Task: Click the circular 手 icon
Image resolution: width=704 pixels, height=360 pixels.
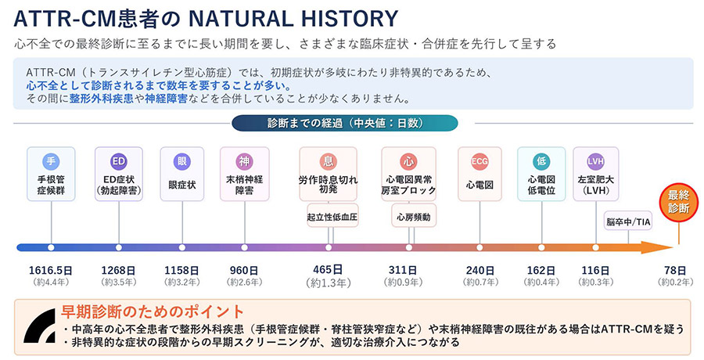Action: pyautogui.click(x=51, y=162)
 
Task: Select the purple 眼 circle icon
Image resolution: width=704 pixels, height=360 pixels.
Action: pyautogui.click(x=182, y=162)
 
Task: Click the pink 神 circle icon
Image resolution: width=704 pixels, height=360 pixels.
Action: pyautogui.click(x=244, y=162)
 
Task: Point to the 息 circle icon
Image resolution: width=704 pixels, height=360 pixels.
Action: pyautogui.click(x=328, y=162)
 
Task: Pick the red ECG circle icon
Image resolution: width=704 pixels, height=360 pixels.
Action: pyautogui.click(x=480, y=162)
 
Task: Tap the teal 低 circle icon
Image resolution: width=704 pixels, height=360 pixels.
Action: pyautogui.click(x=541, y=162)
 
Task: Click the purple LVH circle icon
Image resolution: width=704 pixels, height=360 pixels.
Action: pyautogui.click(x=595, y=162)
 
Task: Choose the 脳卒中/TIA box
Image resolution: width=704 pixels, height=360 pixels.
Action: pyautogui.click(x=628, y=221)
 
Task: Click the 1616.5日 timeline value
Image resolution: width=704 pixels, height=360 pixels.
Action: pyautogui.click(x=52, y=270)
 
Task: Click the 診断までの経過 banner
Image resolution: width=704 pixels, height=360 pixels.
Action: pyautogui.click(x=345, y=123)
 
